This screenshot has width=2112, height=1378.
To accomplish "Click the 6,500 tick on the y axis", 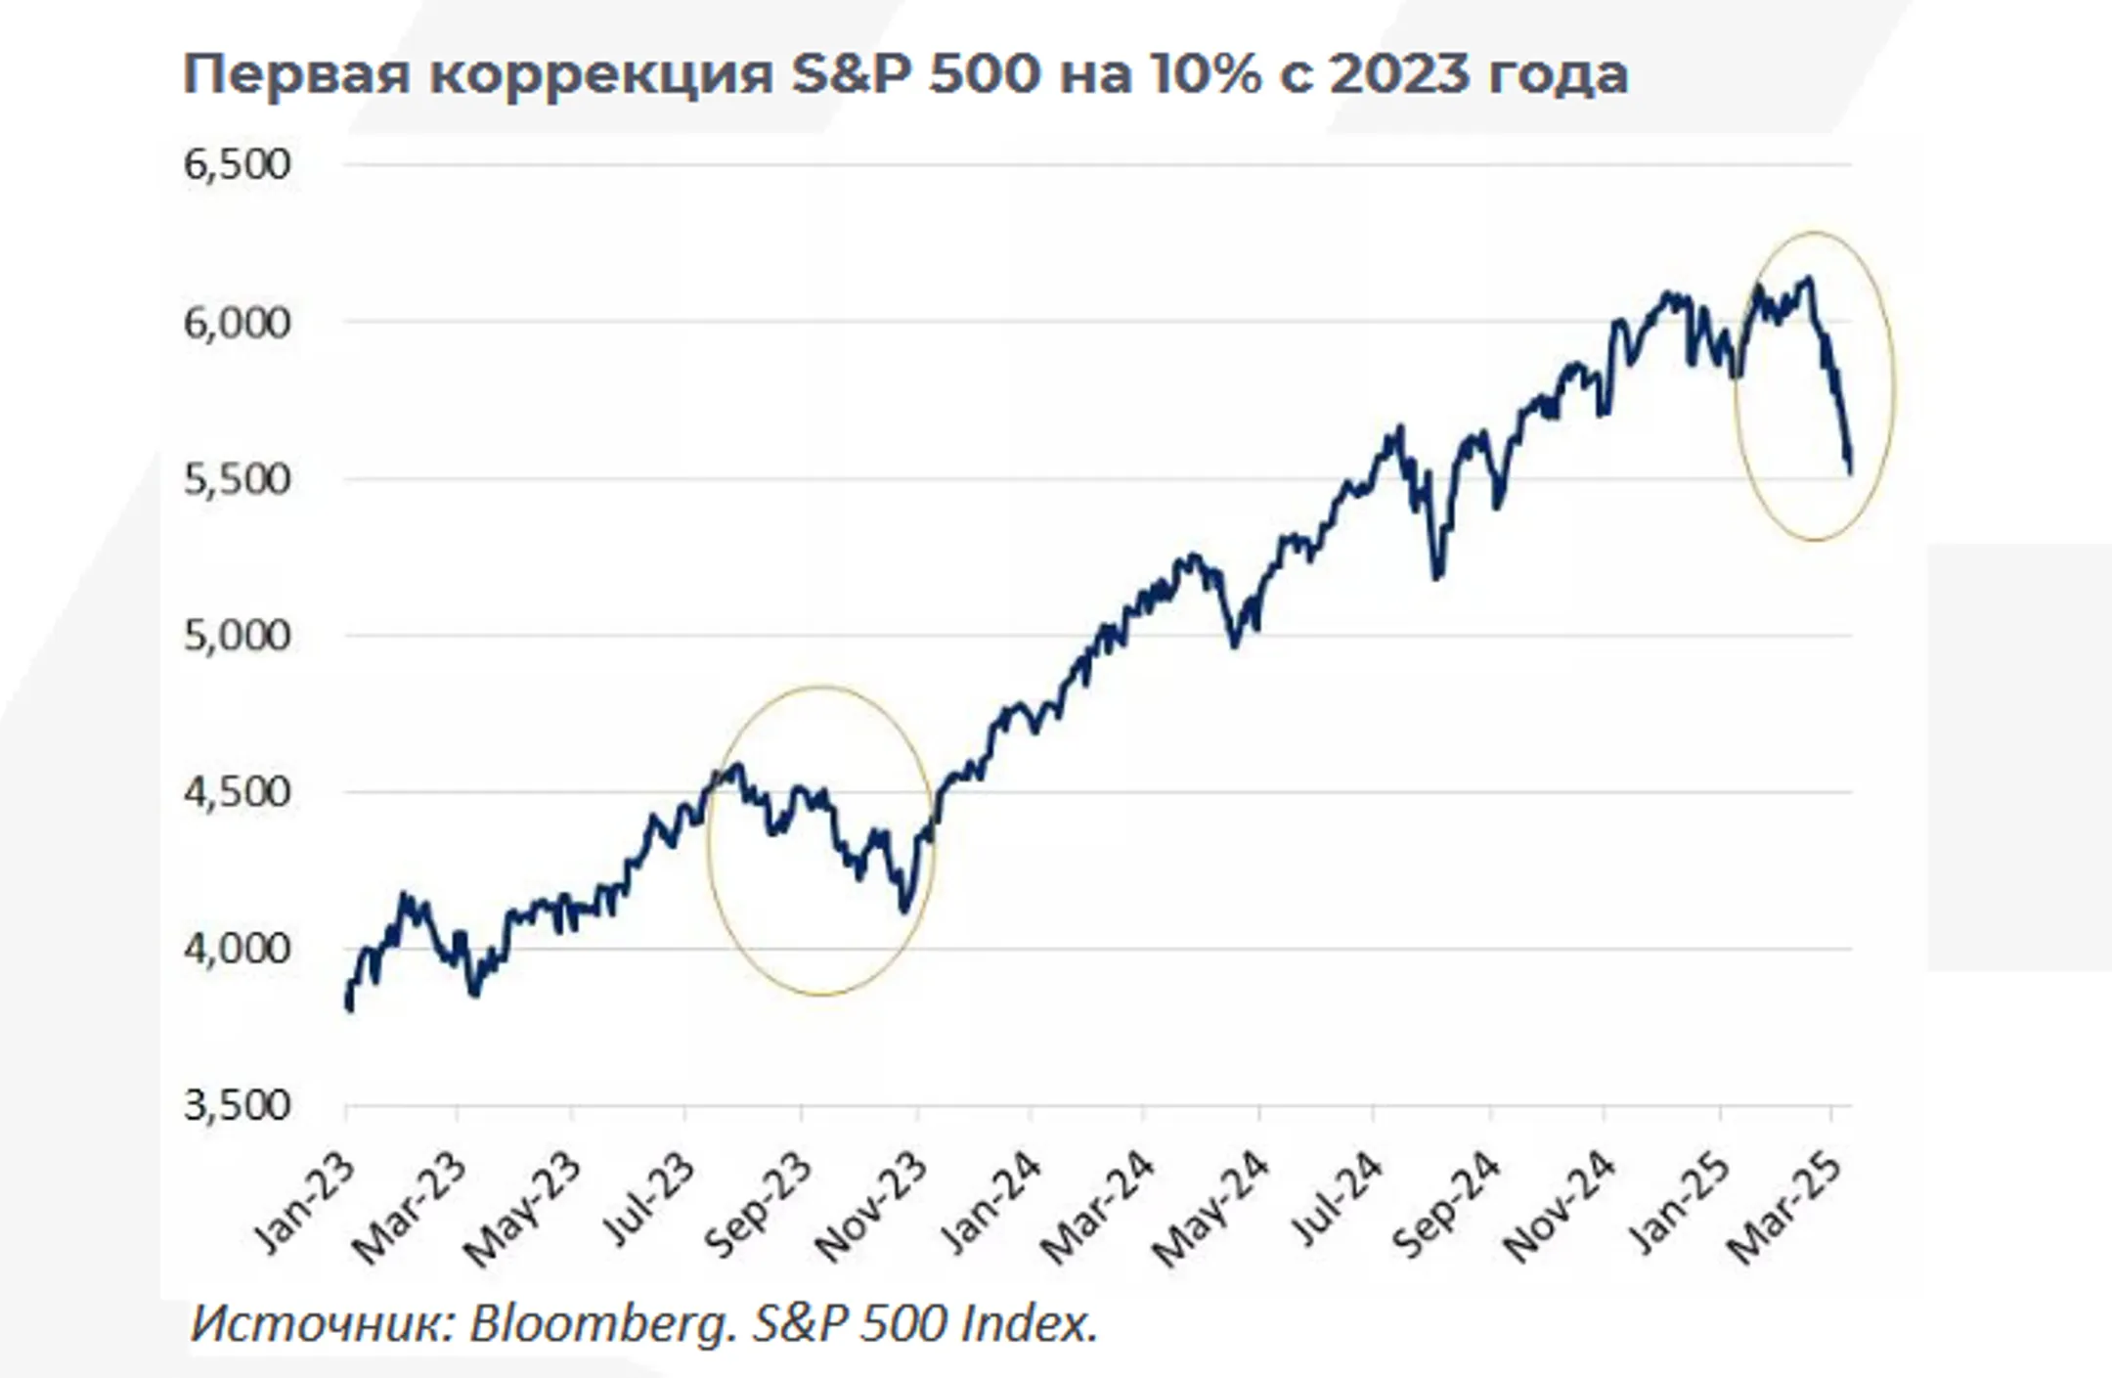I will point(237,164).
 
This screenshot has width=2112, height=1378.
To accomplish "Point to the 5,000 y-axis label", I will point(237,636).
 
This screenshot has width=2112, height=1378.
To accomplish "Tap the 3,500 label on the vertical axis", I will point(237,1106).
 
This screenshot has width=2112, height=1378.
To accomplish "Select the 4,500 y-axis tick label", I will point(237,792).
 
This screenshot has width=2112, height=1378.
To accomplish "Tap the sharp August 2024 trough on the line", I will point(1436,577).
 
